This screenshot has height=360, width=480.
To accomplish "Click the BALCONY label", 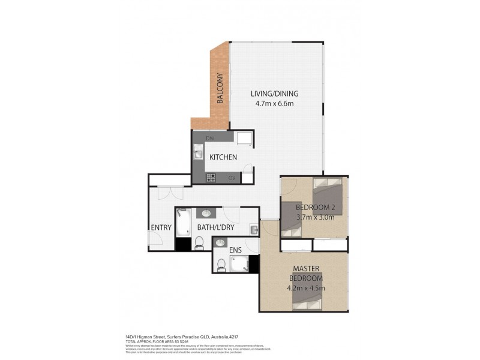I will [220, 89].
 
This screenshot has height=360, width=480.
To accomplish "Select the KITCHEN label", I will [223, 157].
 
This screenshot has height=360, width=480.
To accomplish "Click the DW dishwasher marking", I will [209, 139].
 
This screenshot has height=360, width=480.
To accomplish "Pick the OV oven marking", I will [232, 178].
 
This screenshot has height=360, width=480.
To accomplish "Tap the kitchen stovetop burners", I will [211, 178].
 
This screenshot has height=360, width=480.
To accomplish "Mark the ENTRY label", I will [162, 228].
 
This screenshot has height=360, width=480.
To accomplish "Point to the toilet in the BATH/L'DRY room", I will [199, 242].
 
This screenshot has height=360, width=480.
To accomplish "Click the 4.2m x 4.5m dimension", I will [306, 287].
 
